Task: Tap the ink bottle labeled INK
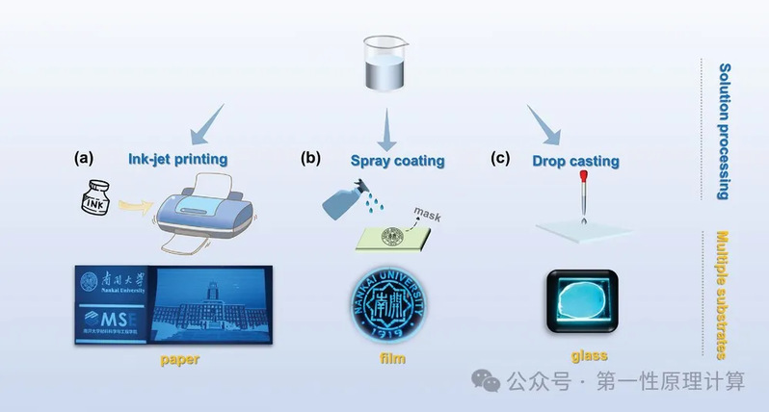[x=93, y=205]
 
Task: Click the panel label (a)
[x=84, y=157]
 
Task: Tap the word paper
[x=180, y=360]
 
